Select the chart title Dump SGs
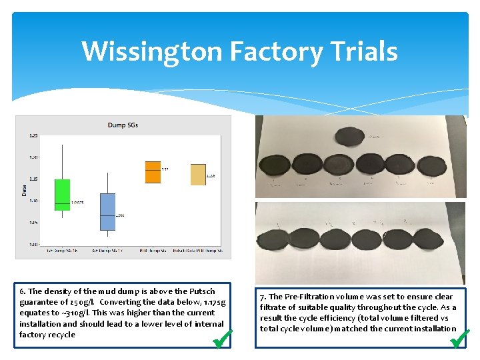coord(123,125)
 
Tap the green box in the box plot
coord(62,195)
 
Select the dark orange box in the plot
coord(153,172)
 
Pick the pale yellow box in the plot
coord(198,174)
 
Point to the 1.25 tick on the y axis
coord(33,136)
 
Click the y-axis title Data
coord(25,190)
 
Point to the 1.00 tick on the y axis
coord(33,245)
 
